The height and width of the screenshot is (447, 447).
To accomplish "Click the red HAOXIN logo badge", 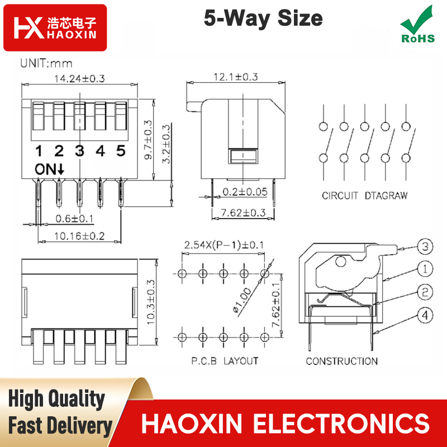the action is [55, 27].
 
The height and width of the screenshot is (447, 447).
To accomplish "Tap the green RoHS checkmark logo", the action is [417, 25].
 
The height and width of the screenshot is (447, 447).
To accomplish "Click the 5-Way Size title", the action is [263, 18].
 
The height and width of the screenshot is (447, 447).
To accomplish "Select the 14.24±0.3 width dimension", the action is [79, 78].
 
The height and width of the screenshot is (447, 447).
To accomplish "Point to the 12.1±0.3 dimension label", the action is [236, 77].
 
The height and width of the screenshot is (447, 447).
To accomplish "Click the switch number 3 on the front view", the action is [80, 151].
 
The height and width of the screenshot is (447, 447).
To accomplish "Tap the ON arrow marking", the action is [50, 169].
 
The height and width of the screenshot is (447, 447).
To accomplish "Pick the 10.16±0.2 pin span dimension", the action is [79, 236].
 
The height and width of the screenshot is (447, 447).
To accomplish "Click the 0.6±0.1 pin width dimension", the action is [74, 218].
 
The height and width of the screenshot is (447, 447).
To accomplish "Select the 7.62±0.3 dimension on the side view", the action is [243, 213].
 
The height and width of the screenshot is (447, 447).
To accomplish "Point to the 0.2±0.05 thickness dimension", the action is [245, 192].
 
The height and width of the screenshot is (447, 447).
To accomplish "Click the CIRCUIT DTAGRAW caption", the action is [365, 196].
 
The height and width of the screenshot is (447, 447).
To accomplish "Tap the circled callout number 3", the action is [425, 246].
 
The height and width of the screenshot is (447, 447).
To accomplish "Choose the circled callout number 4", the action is [425, 315].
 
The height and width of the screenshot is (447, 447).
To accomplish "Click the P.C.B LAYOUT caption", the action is [225, 361].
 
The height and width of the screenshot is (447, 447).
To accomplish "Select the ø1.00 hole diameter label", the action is [242, 301].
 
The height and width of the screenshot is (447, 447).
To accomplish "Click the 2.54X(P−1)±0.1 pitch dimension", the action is [224, 245].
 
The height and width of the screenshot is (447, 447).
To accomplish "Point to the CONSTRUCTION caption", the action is [342, 361].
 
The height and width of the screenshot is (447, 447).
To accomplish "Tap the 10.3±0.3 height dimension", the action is [150, 302].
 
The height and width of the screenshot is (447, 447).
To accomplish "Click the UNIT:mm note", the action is [46, 63].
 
